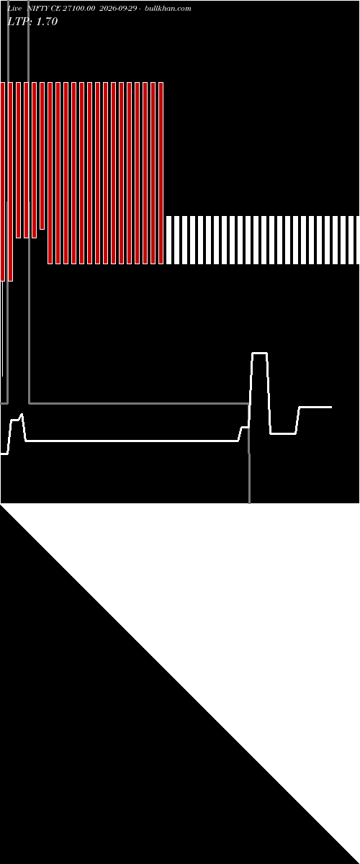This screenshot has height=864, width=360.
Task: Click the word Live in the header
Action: [14, 9]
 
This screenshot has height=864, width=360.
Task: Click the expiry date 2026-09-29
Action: [117, 9]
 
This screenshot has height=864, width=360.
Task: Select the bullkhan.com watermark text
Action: [168, 9]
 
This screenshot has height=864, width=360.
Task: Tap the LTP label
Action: [19, 21]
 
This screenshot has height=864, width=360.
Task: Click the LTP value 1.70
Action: [47, 21]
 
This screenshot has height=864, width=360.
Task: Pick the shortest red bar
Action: [42, 156]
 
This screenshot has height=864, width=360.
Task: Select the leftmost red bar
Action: [2, 181]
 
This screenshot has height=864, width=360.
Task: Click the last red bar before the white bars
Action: [161, 173]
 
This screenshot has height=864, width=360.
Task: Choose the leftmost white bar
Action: [168, 240]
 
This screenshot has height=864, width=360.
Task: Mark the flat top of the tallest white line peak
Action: [259, 353]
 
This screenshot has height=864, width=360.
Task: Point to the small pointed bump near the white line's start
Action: [22, 415]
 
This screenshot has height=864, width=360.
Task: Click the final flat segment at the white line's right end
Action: [315, 407]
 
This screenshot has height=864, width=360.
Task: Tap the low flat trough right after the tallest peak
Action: [283, 433]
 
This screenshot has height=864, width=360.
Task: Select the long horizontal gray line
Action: [139, 403]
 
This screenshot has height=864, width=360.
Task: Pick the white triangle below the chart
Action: [239, 625]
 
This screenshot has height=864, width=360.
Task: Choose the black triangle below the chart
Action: [120, 744]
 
